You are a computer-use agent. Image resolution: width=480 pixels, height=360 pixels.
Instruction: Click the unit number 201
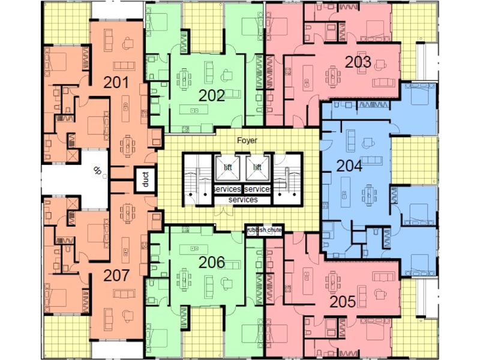tap(116, 83)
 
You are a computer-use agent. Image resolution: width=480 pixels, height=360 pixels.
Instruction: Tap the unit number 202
tap(212, 96)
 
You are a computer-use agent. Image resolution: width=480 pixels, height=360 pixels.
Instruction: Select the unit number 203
tap(358, 62)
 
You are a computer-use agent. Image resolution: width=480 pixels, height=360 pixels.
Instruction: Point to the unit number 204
tap(349, 166)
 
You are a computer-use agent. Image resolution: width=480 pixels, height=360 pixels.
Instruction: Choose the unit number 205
tap(343, 302)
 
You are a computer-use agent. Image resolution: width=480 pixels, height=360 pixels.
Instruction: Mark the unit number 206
tap(212, 262)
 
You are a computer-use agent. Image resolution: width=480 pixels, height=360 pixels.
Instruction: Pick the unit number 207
tap(116, 275)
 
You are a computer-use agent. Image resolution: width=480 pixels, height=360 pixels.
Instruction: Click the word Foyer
tap(247, 140)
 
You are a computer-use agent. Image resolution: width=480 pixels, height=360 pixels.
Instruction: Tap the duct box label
tap(145, 179)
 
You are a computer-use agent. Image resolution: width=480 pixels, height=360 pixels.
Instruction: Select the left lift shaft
tap(227, 168)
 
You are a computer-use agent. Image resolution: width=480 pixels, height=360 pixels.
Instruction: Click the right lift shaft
tap(258, 168)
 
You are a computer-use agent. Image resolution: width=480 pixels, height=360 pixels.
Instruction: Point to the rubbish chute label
tap(264, 230)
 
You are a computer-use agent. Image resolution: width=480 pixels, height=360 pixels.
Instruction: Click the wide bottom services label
tap(243, 200)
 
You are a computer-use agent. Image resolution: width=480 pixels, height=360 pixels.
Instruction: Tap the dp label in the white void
tap(97, 170)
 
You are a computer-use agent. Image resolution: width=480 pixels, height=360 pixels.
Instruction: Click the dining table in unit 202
tap(184, 80)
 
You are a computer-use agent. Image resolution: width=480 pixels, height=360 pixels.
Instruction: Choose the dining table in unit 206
tap(184, 279)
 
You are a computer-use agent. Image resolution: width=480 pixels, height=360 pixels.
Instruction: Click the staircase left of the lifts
tap(198, 179)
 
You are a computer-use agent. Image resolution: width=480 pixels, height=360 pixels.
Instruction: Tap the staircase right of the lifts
tap(288, 179)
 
